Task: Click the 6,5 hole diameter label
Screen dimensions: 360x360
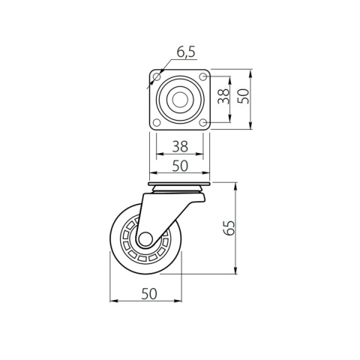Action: pyautogui.click(x=187, y=52)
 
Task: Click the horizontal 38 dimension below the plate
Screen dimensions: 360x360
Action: pyautogui.click(x=180, y=147)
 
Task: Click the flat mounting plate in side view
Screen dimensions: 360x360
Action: pyautogui.click(x=180, y=184)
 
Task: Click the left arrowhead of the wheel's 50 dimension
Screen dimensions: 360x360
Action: pyautogui.click(x=113, y=302)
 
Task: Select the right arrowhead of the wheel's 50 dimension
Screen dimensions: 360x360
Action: pyautogui.click(x=181, y=302)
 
